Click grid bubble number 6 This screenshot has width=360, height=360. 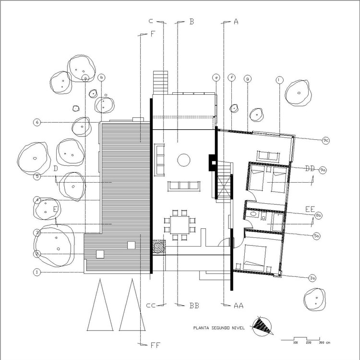pyautogui.click(x=36, y=122)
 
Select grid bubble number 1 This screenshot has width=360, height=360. pyautogui.click(x=36, y=272)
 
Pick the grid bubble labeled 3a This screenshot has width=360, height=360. pyautogui.click(x=312, y=278)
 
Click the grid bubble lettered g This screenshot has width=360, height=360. pyautogui.click(x=248, y=78)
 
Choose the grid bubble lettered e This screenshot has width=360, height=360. pyautogui.click(x=216, y=77)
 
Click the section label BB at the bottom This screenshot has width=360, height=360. pyautogui.click(x=194, y=305)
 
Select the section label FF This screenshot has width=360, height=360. pyautogui.click(x=156, y=344)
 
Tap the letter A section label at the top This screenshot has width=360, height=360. pyautogui.click(x=236, y=22)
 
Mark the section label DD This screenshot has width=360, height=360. pyautogui.click(x=310, y=168)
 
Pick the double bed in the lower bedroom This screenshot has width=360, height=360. pyautogui.click(x=254, y=258)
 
